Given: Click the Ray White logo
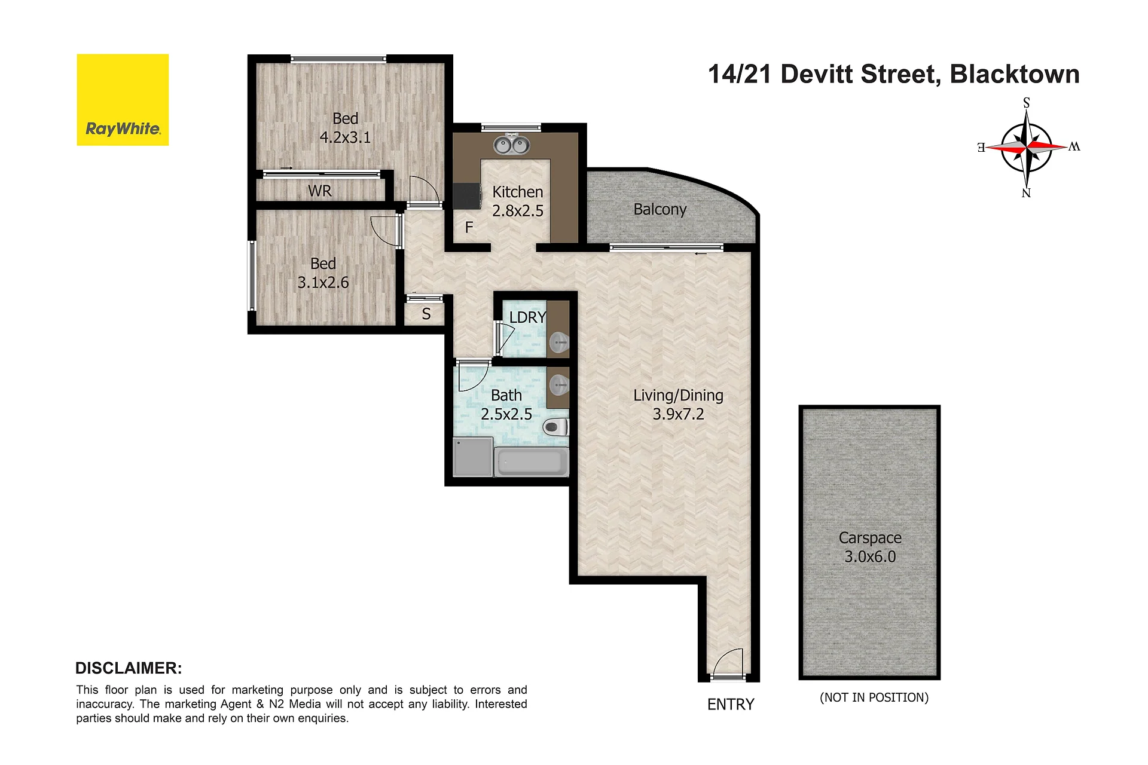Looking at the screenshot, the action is (123, 100).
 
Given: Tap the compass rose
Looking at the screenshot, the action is (1027, 147).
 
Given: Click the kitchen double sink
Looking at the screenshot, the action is (511, 144).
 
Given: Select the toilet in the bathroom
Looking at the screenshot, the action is (555, 427).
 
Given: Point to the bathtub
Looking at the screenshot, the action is (532, 462).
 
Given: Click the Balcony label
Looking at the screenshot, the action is (660, 209).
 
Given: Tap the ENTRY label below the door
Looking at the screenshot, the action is (731, 705).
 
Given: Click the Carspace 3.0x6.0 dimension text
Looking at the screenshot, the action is (870, 556).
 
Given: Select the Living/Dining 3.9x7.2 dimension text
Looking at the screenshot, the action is (678, 414).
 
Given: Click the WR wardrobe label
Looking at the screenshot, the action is (320, 191).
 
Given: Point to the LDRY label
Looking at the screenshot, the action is (527, 317).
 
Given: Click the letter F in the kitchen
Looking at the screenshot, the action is (469, 227).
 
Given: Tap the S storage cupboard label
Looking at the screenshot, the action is (426, 314).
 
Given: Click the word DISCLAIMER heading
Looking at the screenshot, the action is (129, 668).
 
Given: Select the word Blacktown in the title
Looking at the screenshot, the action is (1015, 74).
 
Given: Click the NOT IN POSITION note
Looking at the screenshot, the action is (874, 697).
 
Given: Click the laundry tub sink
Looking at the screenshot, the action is (558, 342).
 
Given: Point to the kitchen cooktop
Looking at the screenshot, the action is (467, 195).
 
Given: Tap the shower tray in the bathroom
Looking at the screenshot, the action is (473, 457).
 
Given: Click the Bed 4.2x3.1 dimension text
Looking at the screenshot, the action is (345, 137).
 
